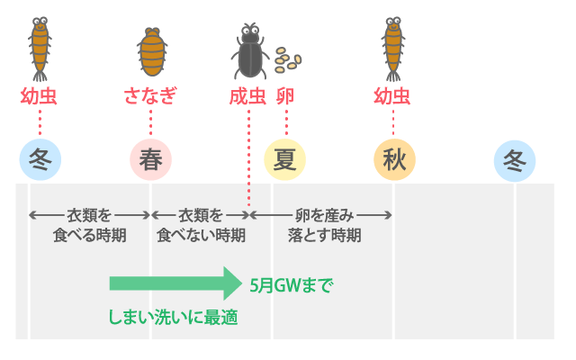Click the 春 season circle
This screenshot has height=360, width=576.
[x=150, y=160]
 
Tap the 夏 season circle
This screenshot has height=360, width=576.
[x=284, y=160]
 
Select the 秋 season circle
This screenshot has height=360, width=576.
[x=394, y=160]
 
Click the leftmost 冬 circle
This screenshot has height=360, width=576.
[x=40, y=160]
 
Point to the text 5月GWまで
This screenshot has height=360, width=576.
[x=291, y=285]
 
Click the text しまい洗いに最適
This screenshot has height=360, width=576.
[x=173, y=317]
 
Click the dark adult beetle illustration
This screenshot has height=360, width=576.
[x=248, y=52]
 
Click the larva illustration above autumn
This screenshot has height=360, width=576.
[x=392, y=47]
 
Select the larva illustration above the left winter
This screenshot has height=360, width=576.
[x=40, y=47]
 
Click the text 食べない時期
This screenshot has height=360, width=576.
[x=200, y=236]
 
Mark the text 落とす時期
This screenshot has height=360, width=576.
[x=324, y=236]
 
